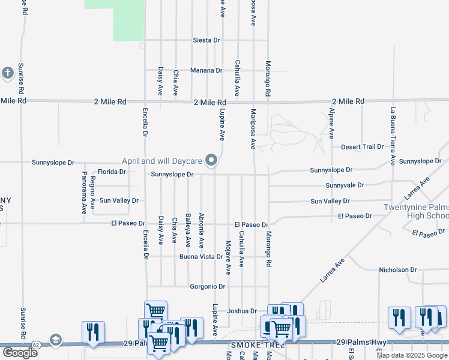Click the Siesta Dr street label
pos(206,40)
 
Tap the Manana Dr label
pos(206,70)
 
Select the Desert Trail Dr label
pos(362,147)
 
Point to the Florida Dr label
pos(112,172)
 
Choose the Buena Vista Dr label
pos(201,257)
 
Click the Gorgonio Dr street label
pos(207,287)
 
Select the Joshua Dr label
pos(242,311)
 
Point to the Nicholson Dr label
pos(397,270)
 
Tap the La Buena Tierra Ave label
pos(393,136)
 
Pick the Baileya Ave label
pos(188,230)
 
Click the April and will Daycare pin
pos(211,160)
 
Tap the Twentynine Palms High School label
pos(416,212)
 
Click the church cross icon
pos(7,73)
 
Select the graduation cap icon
pos(56,340)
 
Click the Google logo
pos(19,353)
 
